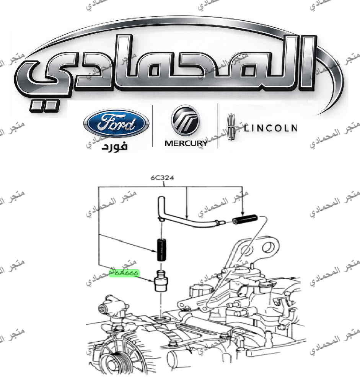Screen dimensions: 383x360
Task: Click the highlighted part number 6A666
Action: click(x=125, y=273)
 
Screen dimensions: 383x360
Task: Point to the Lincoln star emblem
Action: click(x=231, y=127)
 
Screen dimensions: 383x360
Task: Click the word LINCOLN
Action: click(x=270, y=128)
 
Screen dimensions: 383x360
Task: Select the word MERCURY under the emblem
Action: click(x=186, y=144)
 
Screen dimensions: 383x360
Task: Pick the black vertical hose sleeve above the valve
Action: click(x=161, y=249)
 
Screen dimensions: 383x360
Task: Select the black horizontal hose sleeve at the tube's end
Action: click(x=244, y=221)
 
